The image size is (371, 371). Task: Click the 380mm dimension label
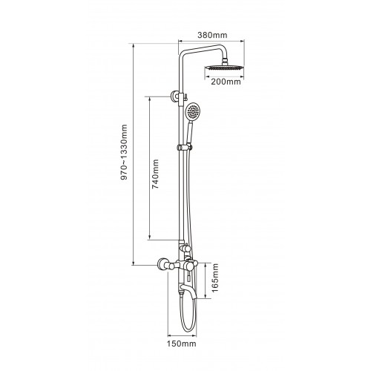click(212, 35)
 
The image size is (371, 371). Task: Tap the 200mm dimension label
click(226, 82)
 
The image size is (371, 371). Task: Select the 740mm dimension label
click(155, 174)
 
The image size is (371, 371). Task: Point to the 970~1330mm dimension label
click(124, 152)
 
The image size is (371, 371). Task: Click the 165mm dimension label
click(215, 278)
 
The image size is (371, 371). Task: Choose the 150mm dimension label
click(181, 344)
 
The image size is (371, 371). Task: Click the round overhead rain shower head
click(224, 68)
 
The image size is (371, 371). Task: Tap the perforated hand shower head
click(193, 112)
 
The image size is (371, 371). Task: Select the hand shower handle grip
click(190, 133)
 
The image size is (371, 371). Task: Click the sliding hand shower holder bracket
click(185, 148)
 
